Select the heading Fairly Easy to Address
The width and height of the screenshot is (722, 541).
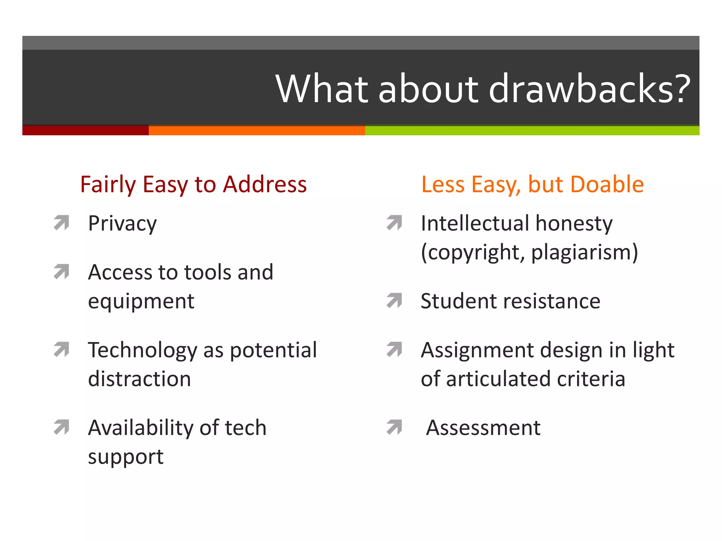pos(193,184)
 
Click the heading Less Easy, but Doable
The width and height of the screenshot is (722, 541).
pos(532,184)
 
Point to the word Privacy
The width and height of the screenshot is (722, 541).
pos(122,224)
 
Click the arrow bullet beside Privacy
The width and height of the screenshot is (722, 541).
pos(61,223)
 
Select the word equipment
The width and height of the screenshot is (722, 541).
pos(141,301)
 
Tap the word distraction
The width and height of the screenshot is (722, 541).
pos(140,379)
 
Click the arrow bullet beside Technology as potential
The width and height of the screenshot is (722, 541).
pos(61,349)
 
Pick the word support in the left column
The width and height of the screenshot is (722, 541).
pos(126,457)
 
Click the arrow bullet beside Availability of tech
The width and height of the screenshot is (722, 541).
pos(61,427)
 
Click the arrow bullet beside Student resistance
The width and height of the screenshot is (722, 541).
pos(394,300)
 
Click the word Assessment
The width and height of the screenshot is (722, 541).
pos(483,428)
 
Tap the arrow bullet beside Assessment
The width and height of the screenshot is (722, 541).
pos(394,427)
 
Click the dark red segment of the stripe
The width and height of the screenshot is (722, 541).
pos(85,130)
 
